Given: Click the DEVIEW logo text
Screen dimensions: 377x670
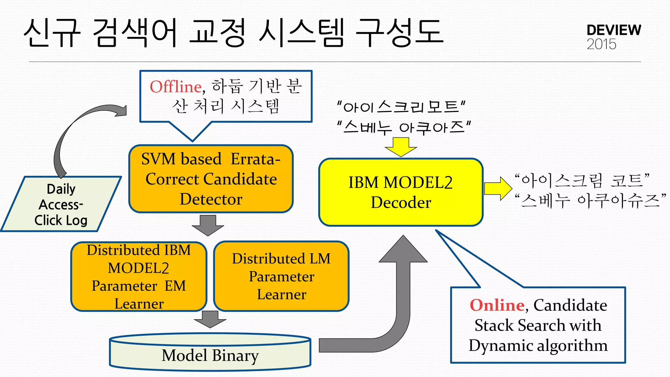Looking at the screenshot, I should pyautogui.click(x=613, y=30).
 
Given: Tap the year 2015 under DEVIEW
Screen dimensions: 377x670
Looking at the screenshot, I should pyautogui.click(x=601, y=44).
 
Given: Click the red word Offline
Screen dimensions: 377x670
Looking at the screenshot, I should pyautogui.click(x=175, y=87).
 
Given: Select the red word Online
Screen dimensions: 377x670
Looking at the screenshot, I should pyautogui.click(x=497, y=305).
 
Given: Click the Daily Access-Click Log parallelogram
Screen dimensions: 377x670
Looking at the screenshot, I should pyautogui.click(x=61, y=205).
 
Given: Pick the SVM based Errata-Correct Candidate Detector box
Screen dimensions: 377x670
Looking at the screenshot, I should pyautogui.click(x=211, y=179).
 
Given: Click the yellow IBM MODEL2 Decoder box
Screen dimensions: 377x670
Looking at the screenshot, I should pyautogui.click(x=401, y=192).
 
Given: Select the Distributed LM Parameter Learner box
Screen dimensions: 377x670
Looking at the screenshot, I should pyautogui.click(x=281, y=276).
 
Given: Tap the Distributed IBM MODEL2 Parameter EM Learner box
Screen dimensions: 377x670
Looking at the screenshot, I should pyautogui.click(x=139, y=277).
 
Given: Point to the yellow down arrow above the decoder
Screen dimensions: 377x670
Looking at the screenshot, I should pyautogui.click(x=401, y=147).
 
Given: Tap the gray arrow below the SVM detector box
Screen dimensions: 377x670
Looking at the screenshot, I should pyautogui.click(x=208, y=225).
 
